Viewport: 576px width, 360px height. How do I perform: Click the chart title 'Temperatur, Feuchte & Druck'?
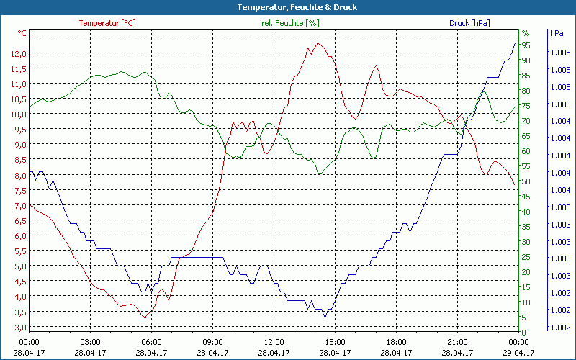pyautogui.click(x=287, y=7)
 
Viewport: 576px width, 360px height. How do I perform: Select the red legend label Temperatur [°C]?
pyautogui.click(x=107, y=23)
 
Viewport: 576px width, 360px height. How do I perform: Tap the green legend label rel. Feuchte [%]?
pyautogui.click(x=289, y=23)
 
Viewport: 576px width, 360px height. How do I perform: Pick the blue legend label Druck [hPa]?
pyautogui.click(x=469, y=23)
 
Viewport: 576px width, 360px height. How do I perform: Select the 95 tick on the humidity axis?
pyautogui.click(x=526, y=45)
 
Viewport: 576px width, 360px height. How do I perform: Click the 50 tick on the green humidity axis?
pyautogui.click(x=526, y=181)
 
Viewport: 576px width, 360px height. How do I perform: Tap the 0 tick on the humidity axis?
pyautogui.click(x=524, y=332)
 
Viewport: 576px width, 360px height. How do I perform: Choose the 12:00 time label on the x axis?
pyautogui.click(x=274, y=342)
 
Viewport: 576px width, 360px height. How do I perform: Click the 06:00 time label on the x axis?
pyautogui.click(x=152, y=342)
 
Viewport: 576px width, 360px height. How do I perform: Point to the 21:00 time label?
pyautogui.click(x=458, y=342)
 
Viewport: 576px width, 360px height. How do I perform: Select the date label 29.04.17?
pyautogui.click(x=519, y=353)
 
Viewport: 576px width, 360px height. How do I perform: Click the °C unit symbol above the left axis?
pyautogui.click(x=22, y=33)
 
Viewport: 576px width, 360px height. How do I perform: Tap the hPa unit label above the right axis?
pyautogui.click(x=557, y=33)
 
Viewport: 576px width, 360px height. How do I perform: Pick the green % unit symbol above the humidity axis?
pyautogui.click(x=526, y=33)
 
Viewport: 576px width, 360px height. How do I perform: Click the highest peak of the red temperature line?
pyautogui.click(x=318, y=43)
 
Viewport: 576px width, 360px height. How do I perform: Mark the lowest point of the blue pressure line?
pyautogui.click(x=325, y=317)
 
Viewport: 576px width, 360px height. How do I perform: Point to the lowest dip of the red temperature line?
pyautogui.click(x=145, y=317)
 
